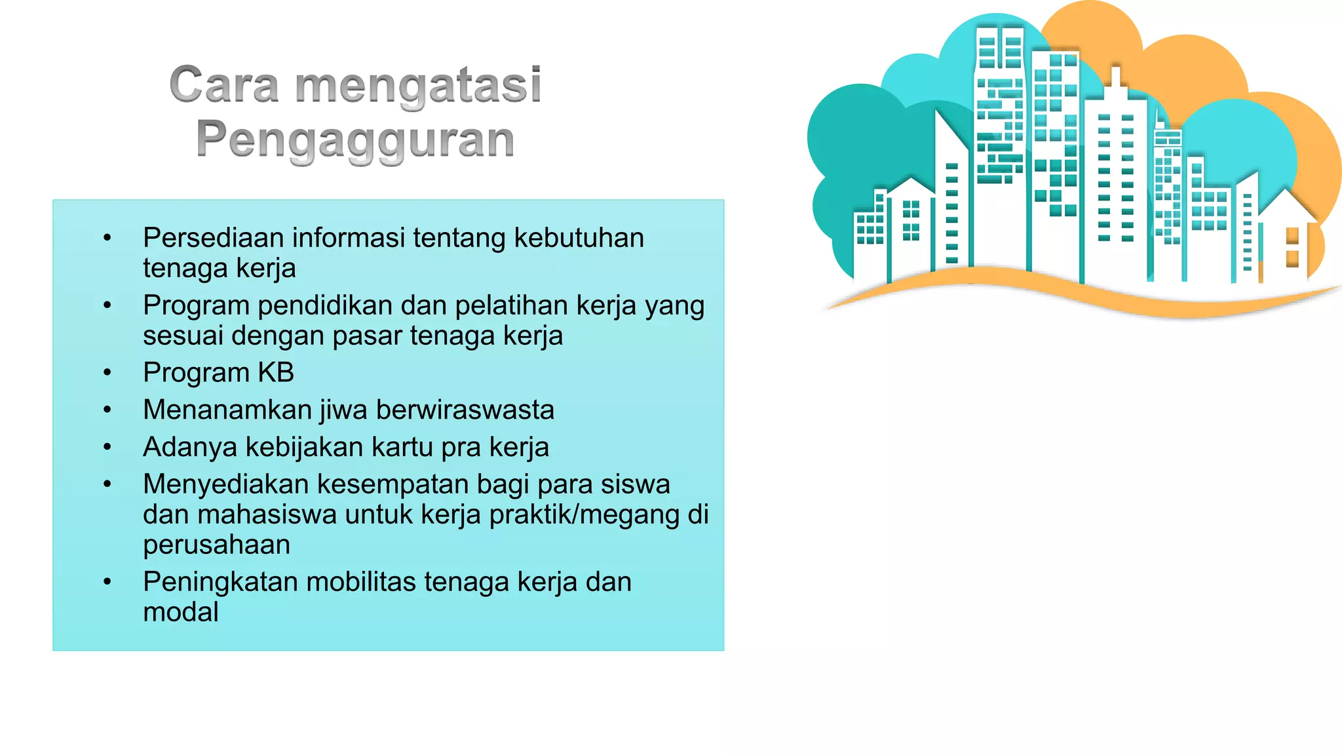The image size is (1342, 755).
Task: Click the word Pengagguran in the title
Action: point(355,140)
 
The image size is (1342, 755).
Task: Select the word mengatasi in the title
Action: point(418,87)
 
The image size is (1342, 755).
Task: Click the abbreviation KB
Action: point(276,372)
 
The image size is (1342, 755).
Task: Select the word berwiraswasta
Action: point(465,410)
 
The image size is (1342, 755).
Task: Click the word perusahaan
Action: point(216,545)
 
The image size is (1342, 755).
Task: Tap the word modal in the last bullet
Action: point(181,612)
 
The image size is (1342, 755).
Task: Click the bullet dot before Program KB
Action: point(107,373)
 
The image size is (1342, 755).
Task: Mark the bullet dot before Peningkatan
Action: point(107,582)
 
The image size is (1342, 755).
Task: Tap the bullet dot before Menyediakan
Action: point(107,484)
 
